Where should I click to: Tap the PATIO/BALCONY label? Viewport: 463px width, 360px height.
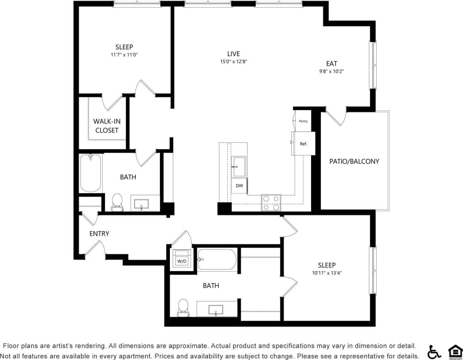354,161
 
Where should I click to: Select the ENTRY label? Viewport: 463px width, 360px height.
99,234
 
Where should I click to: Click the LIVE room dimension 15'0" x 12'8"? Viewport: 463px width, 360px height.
233,61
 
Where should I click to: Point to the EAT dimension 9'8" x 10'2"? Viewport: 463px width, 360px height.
331,71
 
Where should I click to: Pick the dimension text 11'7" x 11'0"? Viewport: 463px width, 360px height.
124,54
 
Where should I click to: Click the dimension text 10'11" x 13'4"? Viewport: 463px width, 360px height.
327,273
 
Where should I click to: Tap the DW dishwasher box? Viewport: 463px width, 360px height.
239,186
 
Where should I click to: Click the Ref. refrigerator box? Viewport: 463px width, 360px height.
304,144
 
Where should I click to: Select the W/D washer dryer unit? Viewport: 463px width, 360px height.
181,259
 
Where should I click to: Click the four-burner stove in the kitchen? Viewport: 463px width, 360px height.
271,203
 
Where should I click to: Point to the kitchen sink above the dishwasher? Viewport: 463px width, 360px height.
239,167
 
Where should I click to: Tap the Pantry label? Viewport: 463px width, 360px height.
303,121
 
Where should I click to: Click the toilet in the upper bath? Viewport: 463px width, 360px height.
118,202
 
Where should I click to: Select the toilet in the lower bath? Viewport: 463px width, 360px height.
183,307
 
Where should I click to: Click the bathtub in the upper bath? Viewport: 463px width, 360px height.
91,173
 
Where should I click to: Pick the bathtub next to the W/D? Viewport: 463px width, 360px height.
217,260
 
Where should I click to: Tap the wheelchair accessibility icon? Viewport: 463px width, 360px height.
434,352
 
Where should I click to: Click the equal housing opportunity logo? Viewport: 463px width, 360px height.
455,351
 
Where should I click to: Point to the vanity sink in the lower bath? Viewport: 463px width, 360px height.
216,310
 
